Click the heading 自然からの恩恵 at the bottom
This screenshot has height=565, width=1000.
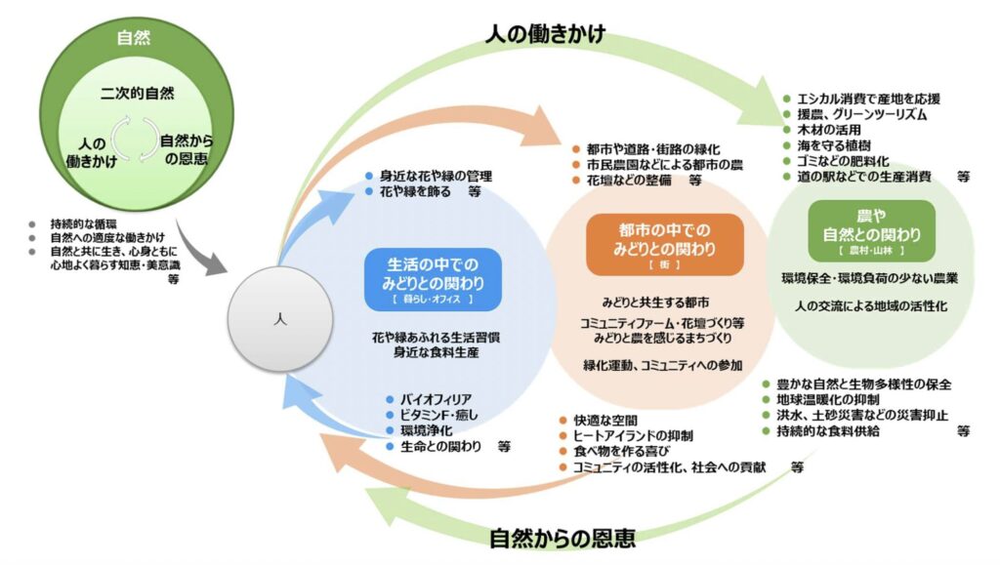click(x=562, y=537)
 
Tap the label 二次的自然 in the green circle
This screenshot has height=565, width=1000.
click(x=138, y=94)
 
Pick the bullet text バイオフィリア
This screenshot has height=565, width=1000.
click(x=436, y=399)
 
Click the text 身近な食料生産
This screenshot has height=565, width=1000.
click(x=436, y=352)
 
